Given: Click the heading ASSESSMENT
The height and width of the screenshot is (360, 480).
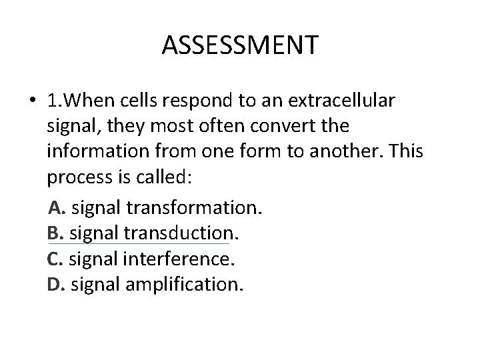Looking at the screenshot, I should pos(240,46).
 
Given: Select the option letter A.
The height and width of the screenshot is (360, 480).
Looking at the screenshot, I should pos(57,208).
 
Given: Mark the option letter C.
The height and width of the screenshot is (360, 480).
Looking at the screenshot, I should pos(55,259).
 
